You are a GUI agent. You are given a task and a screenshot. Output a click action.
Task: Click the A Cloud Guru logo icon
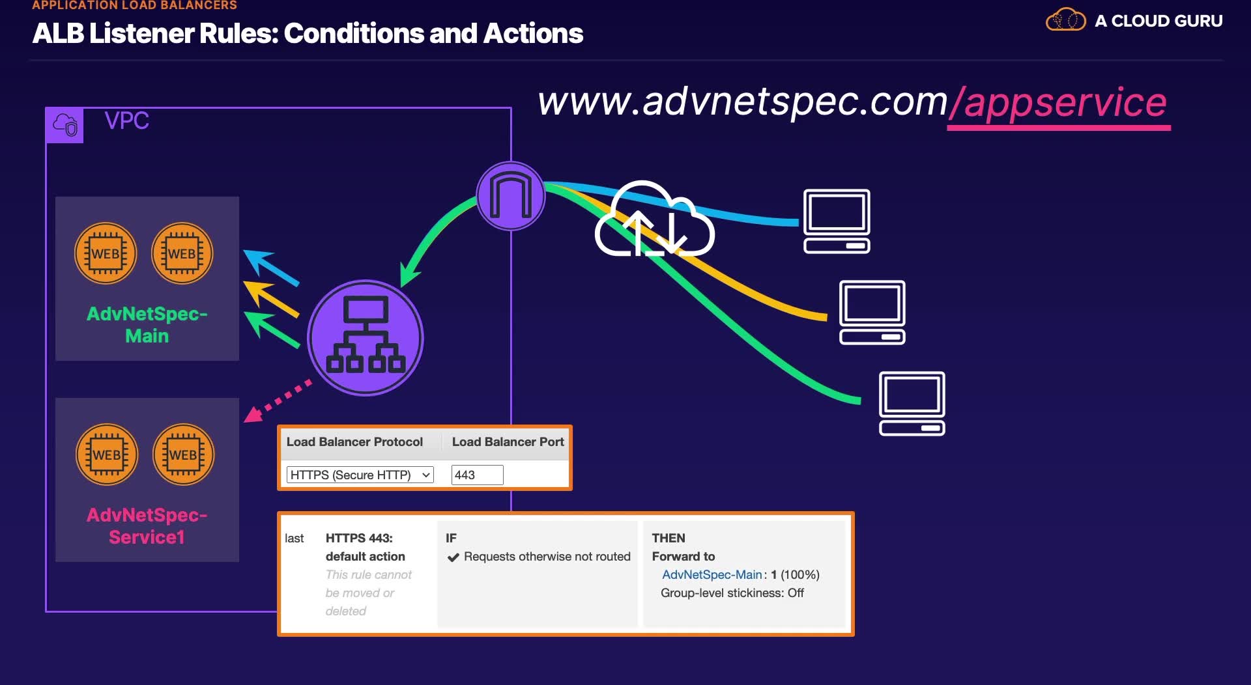(1065, 20)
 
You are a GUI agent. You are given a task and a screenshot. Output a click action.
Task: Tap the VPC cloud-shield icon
(65, 124)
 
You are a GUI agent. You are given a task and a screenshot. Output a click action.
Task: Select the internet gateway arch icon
(511, 195)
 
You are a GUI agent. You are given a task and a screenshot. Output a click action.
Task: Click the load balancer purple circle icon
(366, 337)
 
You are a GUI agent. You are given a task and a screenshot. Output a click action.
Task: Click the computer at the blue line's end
(837, 221)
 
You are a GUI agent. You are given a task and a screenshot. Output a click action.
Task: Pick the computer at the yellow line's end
(872, 312)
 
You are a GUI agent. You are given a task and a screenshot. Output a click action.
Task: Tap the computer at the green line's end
(912, 403)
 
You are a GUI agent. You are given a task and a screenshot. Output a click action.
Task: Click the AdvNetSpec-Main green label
(147, 324)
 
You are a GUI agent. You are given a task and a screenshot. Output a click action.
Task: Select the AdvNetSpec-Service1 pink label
(147, 525)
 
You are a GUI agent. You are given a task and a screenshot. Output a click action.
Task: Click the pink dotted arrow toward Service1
(276, 401)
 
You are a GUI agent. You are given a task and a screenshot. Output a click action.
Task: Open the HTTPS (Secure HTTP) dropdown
(360, 475)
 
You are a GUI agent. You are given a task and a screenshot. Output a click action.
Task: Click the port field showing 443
(477, 475)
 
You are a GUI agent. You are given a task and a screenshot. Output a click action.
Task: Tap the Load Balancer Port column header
(508, 441)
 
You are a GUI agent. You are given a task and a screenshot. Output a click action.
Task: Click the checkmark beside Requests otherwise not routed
(453, 557)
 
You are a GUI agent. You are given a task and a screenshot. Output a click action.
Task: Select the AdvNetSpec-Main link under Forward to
(712, 574)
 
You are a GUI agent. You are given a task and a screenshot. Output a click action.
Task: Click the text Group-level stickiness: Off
(732, 593)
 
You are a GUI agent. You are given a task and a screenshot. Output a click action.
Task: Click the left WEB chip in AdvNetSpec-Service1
(107, 454)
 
